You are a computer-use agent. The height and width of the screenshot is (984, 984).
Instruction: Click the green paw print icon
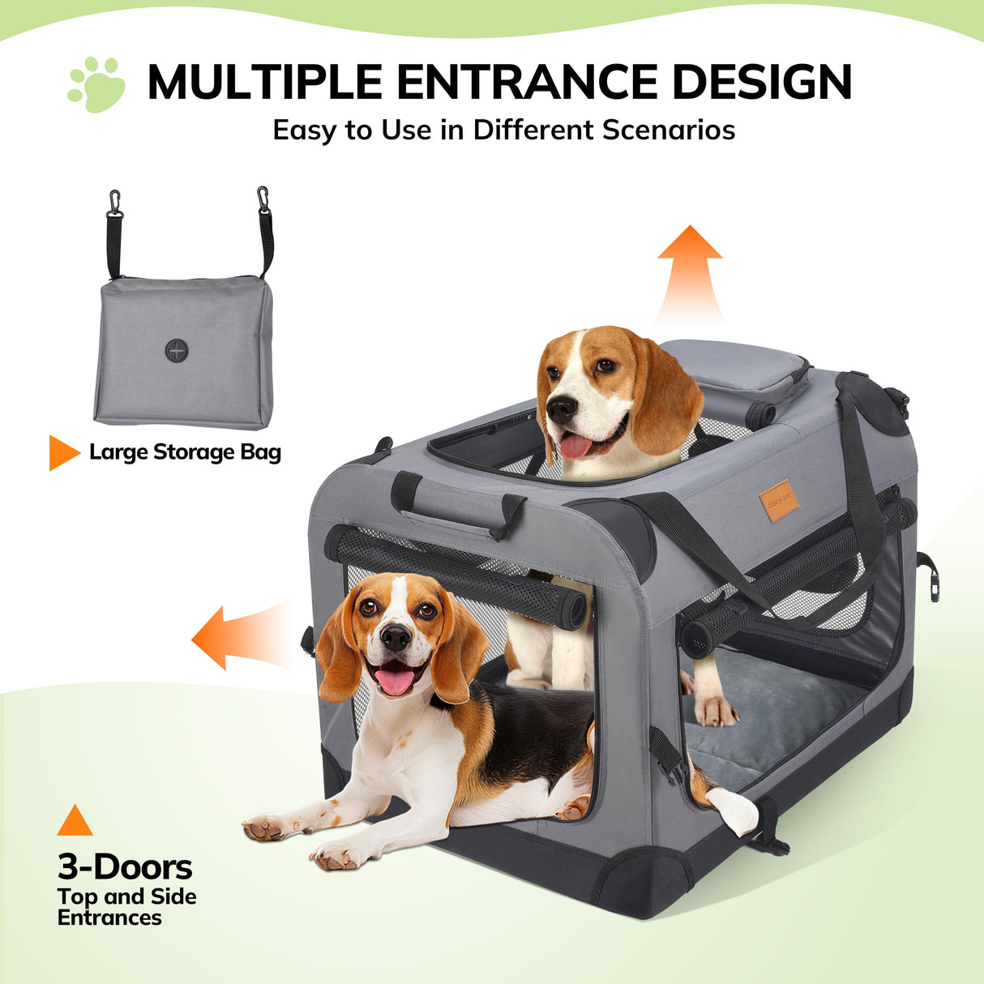97,84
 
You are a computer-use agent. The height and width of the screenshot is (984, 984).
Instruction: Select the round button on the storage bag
177,351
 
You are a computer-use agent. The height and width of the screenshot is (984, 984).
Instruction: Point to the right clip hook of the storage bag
263,199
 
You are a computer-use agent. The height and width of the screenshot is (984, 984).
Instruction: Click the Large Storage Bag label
185,452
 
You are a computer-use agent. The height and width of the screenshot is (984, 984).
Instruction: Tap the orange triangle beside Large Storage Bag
62,452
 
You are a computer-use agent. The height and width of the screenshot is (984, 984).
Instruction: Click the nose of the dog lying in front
396,638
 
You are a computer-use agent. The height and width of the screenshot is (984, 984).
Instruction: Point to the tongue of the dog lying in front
396,681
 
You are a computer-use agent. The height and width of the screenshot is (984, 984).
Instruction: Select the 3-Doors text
125,867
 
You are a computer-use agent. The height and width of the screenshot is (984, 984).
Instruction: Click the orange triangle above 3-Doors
75,821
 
